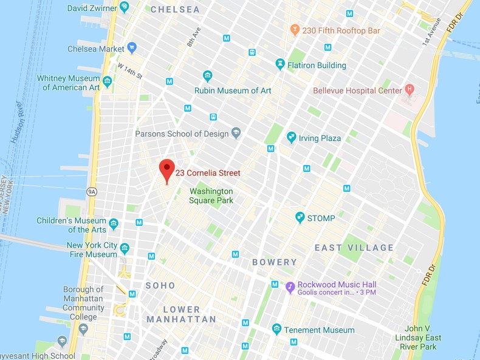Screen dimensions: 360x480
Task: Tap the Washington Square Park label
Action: [211, 195]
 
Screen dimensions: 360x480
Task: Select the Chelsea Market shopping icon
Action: [132, 49]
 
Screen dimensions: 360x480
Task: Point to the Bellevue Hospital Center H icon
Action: [410, 90]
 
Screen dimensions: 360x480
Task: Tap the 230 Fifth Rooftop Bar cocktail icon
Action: [295, 30]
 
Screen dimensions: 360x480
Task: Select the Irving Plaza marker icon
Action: [291, 138]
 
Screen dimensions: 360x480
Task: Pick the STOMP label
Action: [320, 217]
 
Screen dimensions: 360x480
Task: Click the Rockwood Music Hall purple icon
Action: [290, 285]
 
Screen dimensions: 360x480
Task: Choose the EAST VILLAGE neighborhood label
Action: [354, 248]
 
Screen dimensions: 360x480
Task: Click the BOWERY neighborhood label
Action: [275, 263]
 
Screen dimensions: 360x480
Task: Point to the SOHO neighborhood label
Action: [160, 285]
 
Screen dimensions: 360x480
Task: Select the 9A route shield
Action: [92, 192]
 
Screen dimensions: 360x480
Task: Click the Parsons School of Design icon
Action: [236, 134]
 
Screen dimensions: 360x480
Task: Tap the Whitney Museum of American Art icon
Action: [108, 81]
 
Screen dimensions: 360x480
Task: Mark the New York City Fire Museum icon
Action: [125, 248]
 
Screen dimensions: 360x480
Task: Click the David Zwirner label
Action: [91, 8]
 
